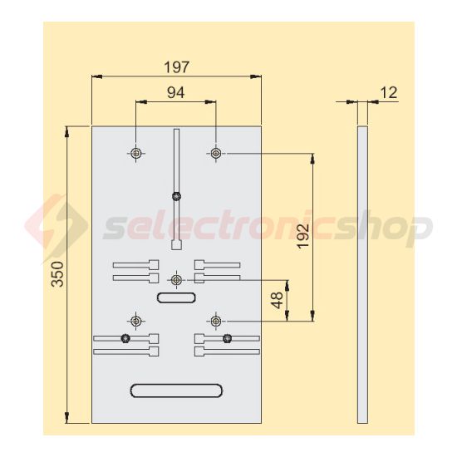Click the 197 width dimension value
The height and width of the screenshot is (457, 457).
tap(175, 66)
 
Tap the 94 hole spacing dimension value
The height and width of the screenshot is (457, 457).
tap(175, 93)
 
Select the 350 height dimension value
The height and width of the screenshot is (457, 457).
tap(57, 274)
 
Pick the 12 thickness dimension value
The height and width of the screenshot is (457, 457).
tap(387, 93)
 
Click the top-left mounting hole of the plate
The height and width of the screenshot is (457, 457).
tap(135, 153)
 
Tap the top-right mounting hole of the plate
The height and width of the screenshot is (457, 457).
tap(215, 153)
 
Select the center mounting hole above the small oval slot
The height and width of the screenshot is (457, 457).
tap(175, 279)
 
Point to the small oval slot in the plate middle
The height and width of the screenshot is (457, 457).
tap(175, 297)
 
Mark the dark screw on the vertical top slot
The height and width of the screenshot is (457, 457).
tap(175, 196)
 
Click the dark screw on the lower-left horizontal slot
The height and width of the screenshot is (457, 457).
tap(125, 338)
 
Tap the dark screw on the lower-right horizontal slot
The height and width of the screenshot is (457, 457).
tap(227, 338)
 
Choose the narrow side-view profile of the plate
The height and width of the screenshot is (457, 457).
tap(361, 274)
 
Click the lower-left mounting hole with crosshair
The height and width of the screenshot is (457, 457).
tap(135, 320)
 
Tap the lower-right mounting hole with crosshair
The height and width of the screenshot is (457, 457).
tap(215, 320)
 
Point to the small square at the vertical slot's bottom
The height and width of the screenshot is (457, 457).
tap(175, 245)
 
